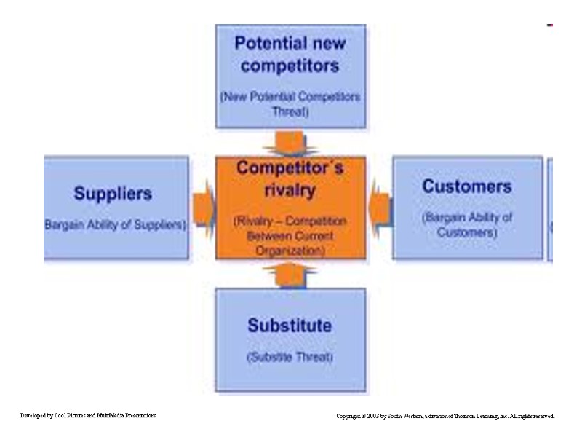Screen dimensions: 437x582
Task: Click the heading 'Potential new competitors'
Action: tap(290, 54)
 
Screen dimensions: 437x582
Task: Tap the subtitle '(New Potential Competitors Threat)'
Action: tap(290, 104)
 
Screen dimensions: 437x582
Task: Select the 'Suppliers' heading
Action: tap(113, 194)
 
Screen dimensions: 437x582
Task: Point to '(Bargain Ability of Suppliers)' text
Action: tap(115, 225)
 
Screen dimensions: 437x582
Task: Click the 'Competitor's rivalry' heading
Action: tap(290, 178)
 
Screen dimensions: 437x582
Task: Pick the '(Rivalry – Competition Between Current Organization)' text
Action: tap(290, 235)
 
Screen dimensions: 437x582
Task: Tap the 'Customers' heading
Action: tap(466, 186)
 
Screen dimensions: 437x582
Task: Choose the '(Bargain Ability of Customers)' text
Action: tap(467, 224)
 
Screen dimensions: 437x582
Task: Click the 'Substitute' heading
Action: tap(290, 325)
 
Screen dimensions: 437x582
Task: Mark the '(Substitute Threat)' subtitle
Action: tap(290, 357)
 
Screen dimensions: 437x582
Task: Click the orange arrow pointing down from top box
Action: tap(290, 143)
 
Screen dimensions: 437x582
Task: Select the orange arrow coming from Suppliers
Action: tap(203, 207)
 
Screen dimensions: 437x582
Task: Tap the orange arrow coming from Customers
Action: tap(379, 207)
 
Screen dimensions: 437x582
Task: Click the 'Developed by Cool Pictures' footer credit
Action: tap(88, 415)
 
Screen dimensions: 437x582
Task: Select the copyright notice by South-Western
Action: tap(445, 416)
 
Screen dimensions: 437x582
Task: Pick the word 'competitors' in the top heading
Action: tap(290, 66)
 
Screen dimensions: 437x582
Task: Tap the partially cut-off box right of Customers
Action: tap(550, 208)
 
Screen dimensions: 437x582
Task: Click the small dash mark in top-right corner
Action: tap(550, 25)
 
